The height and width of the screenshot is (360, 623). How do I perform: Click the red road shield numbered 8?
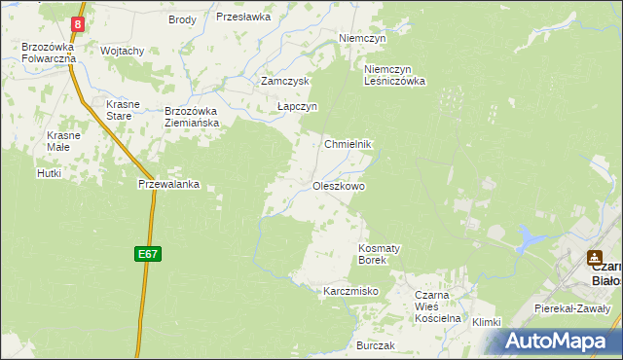point(79,22)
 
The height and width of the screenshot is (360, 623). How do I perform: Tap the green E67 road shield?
point(147,254)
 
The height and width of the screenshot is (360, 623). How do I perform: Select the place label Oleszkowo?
point(339,185)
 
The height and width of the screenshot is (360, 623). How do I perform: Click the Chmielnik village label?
point(348,143)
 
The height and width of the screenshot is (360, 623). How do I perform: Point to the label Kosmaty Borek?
point(373,254)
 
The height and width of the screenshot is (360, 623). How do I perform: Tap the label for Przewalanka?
point(169,183)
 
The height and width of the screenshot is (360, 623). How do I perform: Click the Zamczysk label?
point(284,82)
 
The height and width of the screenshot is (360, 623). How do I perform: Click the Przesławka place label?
point(242,17)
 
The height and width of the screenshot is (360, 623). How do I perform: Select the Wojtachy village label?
point(123,51)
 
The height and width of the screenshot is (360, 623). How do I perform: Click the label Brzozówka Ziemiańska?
point(191,117)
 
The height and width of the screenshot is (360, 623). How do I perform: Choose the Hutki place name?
point(49,173)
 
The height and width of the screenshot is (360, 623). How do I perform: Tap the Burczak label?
point(375,346)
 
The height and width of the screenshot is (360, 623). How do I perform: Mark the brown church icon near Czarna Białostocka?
point(593,259)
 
